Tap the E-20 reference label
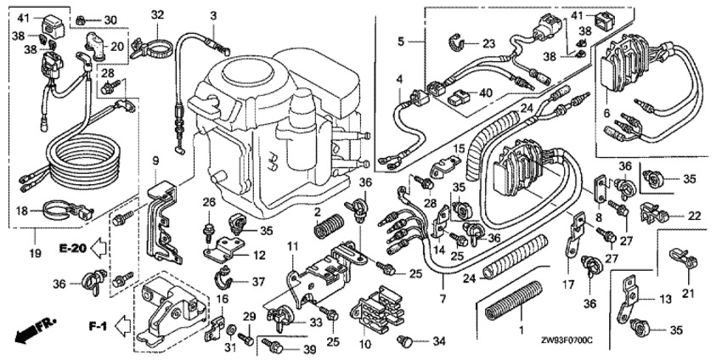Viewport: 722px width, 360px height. point(73,247)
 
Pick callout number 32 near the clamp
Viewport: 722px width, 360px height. point(157,14)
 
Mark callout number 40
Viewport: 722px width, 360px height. point(487,93)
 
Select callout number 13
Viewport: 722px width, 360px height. point(663,298)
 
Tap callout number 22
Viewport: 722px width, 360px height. point(695,217)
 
